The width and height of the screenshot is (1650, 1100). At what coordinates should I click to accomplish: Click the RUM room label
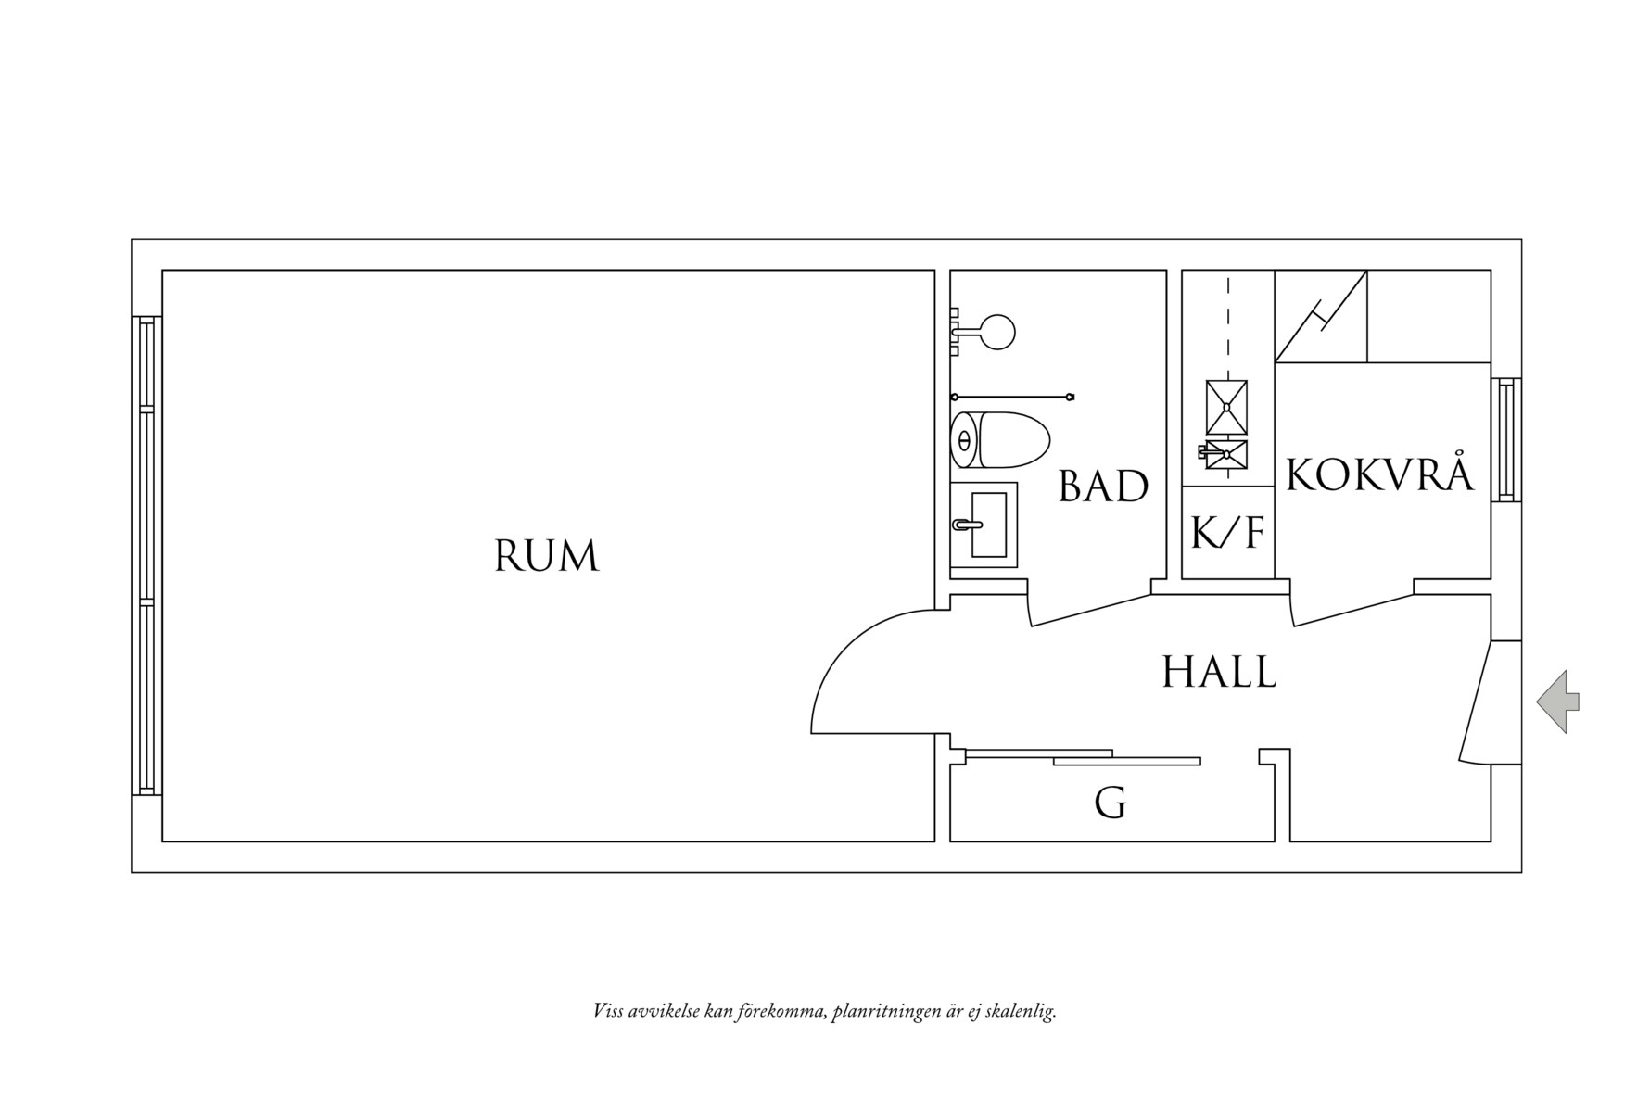(x=547, y=556)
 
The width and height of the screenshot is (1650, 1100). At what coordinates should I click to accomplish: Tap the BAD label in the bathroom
(x=1104, y=486)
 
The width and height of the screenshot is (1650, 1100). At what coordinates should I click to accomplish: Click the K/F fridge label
(x=1227, y=533)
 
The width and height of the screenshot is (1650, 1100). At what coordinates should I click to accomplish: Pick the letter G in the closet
(x=1111, y=803)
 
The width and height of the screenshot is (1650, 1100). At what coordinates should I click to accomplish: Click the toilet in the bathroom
(x=999, y=439)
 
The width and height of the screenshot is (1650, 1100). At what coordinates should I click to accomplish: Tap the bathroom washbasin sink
(x=984, y=525)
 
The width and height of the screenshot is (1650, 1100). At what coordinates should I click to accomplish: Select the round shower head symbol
(x=997, y=332)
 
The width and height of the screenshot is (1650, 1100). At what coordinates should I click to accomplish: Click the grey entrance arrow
(x=1557, y=702)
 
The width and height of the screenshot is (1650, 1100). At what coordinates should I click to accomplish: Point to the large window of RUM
(x=146, y=555)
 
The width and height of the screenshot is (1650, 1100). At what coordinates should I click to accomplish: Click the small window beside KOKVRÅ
(x=1505, y=440)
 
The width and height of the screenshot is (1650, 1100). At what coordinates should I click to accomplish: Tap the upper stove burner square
(x=1226, y=407)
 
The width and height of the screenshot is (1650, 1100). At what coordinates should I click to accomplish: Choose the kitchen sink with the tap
(x=1224, y=454)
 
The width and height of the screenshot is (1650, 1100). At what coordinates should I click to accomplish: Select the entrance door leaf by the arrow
(x=1478, y=702)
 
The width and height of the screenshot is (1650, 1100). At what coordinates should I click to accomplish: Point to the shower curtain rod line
(x=1012, y=398)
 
